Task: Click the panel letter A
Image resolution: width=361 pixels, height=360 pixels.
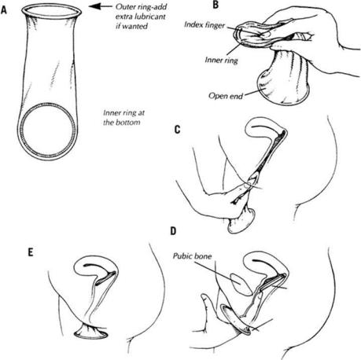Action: click(4, 10)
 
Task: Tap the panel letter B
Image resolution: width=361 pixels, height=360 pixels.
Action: click(215, 4)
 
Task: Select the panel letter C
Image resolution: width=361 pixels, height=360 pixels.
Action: click(177, 130)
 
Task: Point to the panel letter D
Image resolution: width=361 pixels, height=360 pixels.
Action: click(173, 231)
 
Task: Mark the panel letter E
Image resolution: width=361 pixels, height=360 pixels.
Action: click(31, 252)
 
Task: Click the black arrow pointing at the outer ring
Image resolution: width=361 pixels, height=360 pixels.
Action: click(99, 6)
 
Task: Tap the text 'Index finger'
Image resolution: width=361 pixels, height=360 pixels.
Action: click(204, 24)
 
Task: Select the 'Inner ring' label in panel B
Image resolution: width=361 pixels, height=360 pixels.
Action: click(221, 61)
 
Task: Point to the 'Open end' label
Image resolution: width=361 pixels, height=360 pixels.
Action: click(226, 96)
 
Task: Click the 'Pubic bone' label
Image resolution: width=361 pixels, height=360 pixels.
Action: click(192, 255)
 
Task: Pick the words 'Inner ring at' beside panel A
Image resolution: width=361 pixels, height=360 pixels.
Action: click(123, 113)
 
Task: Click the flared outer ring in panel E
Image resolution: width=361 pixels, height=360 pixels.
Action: click(90, 336)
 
